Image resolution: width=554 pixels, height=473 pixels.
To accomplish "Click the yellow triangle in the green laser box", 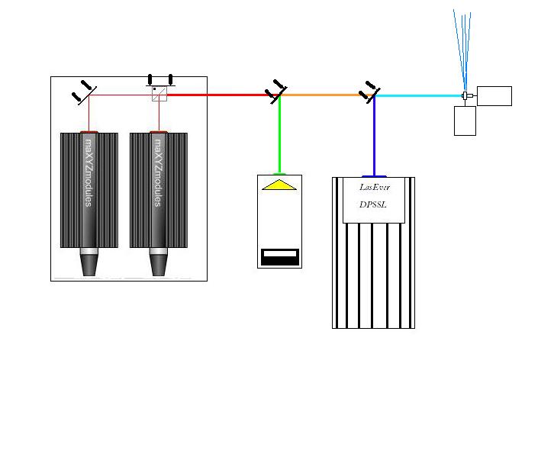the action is pyautogui.click(x=279, y=185).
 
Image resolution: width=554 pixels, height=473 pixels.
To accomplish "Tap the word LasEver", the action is pyautogui.click(x=375, y=187).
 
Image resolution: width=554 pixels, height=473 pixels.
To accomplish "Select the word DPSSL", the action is pyautogui.click(x=372, y=204).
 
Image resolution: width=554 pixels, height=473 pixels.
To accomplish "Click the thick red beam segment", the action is pyautogui.click(x=220, y=95).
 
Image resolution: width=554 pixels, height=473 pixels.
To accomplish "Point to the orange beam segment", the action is pyautogui.click(x=324, y=95).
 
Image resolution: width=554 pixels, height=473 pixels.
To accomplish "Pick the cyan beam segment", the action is pyautogui.click(x=420, y=95).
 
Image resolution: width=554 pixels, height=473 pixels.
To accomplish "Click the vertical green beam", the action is pyautogui.click(x=279, y=135).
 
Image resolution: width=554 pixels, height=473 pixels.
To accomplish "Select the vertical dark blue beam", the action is pyautogui.click(x=374, y=137).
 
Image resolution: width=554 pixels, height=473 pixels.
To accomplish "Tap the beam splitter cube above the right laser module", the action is pyautogui.click(x=159, y=94).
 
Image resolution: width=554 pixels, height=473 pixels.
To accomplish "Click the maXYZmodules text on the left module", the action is pyautogui.click(x=89, y=172).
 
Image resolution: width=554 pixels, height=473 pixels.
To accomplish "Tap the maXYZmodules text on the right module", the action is pyautogui.click(x=158, y=172).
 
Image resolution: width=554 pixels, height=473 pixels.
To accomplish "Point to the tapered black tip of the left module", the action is pyautogui.click(x=89, y=265).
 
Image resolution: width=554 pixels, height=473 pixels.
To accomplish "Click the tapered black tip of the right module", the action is pyautogui.click(x=158, y=265).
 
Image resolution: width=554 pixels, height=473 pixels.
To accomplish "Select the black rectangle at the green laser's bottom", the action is pyautogui.click(x=280, y=257).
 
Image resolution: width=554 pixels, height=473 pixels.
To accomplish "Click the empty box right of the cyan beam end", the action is pyautogui.click(x=494, y=95).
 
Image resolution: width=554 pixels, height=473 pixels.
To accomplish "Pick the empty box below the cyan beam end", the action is pyautogui.click(x=465, y=121).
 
